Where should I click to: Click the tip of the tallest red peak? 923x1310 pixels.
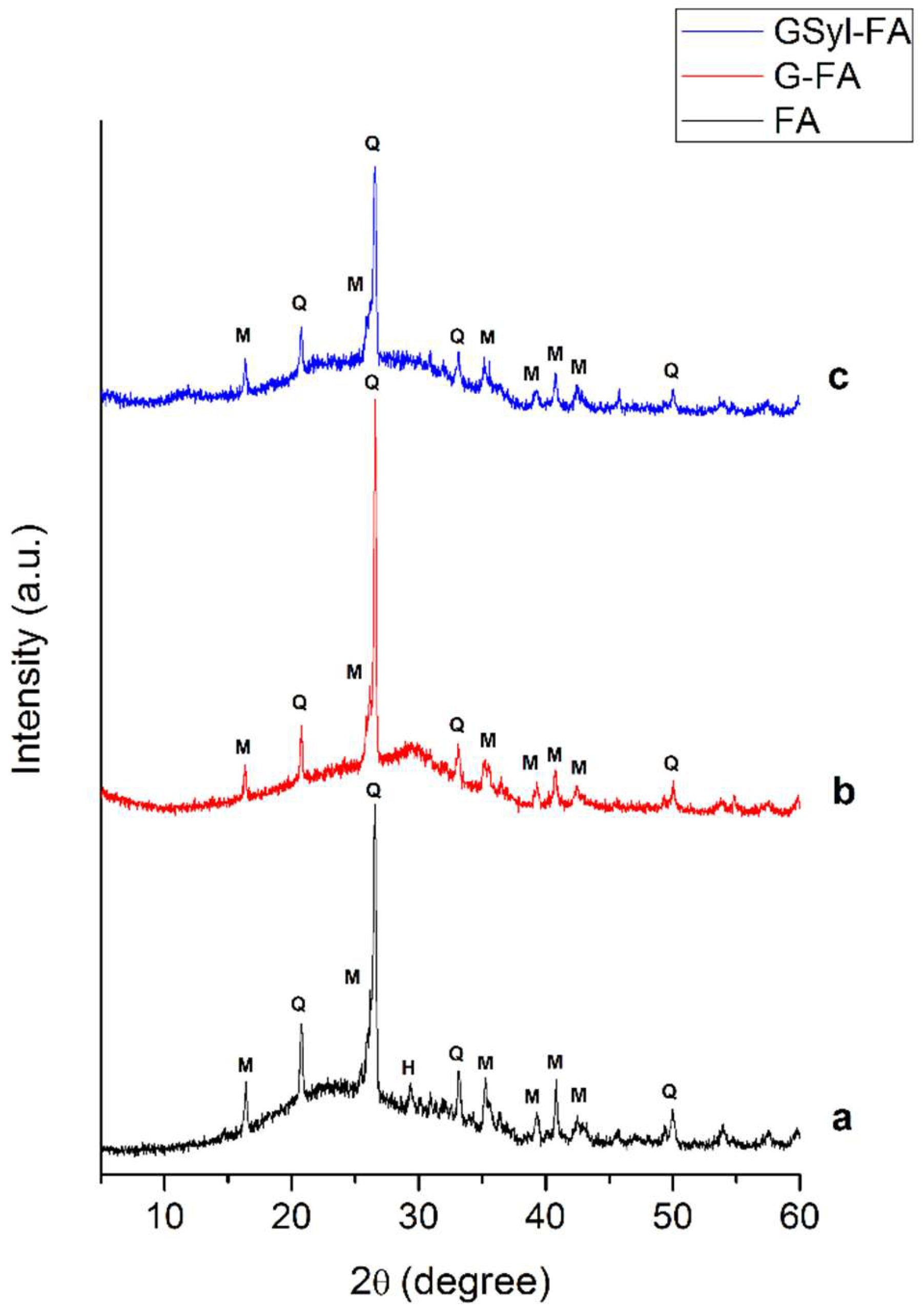375,400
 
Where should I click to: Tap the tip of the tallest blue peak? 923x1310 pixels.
375,167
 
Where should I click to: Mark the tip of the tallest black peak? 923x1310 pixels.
375,805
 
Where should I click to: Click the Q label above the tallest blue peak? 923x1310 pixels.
372,143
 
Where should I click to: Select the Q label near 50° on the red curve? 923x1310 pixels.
671,763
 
